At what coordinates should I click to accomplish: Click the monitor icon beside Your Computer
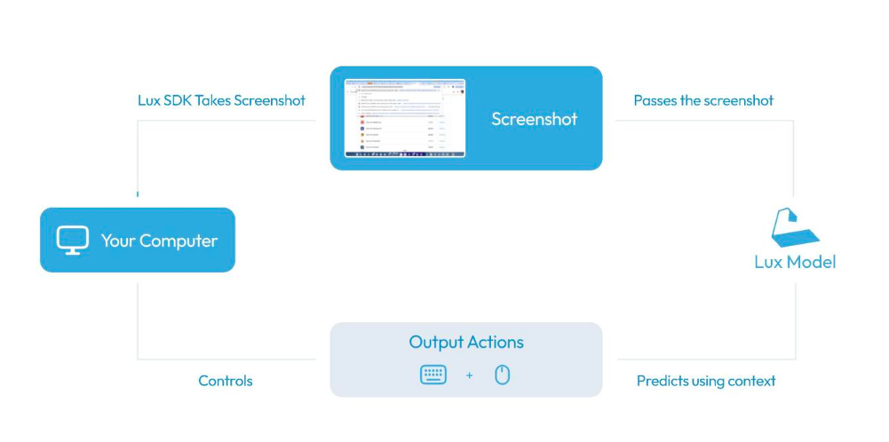[73, 241]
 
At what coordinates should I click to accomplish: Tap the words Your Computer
[159, 241]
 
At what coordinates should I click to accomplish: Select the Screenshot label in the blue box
[534, 119]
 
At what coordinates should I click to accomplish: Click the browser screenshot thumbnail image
[405, 118]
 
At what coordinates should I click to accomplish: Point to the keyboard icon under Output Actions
[433, 375]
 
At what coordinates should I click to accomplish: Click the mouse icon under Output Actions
[502, 375]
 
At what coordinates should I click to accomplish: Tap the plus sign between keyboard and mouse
[469, 375]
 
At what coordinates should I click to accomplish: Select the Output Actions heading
[466, 342]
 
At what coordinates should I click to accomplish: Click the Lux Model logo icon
[795, 229]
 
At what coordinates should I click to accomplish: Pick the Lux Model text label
[795, 262]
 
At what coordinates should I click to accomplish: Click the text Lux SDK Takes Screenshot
[221, 100]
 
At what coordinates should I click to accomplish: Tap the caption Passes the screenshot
[703, 100]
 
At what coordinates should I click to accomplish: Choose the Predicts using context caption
[706, 381]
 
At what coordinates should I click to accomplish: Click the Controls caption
[226, 381]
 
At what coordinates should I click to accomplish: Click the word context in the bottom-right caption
[750, 381]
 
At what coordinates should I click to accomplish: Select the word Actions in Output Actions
[496, 342]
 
